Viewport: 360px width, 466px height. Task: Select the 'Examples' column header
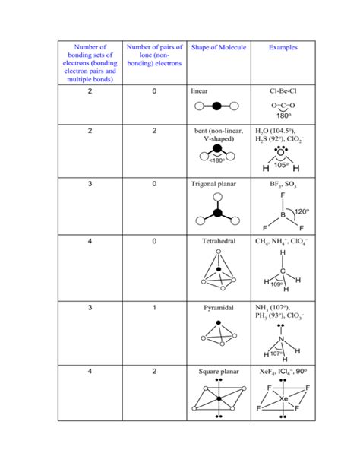283,48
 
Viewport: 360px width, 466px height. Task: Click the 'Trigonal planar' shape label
217,184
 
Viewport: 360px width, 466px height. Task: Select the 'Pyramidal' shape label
210,307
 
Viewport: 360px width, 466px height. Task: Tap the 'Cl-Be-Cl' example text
282,90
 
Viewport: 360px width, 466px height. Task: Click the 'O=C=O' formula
282,106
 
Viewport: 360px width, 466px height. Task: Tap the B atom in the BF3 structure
282,215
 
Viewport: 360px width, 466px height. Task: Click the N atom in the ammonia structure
281,340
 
